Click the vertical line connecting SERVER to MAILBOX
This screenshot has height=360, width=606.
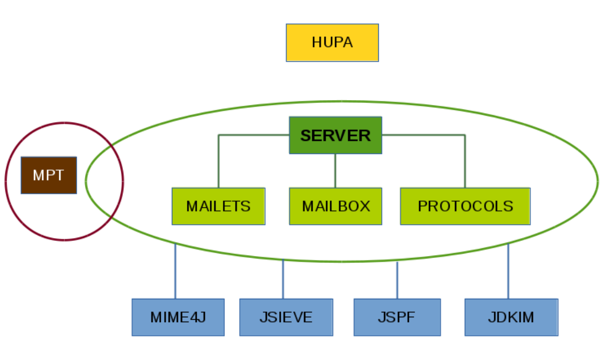click(336, 171)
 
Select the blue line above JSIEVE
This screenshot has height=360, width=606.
click(283, 279)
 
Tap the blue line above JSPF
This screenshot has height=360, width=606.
click(397, 281)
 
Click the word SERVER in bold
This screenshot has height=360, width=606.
click(335, 136)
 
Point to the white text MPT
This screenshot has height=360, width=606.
click(48, 175)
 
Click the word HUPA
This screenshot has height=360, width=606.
click(332, 42)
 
